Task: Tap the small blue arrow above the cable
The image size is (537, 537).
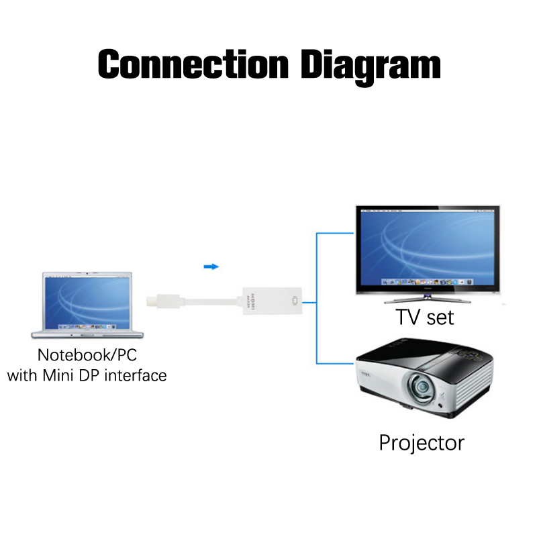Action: [211, 266]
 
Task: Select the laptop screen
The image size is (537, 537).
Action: [88, 302]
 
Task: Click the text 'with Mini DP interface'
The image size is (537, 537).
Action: [87, 375]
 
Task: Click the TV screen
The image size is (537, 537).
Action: [428, 246]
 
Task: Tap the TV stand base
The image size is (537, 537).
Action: [427, 299]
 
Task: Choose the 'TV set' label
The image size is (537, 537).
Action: [424, 316]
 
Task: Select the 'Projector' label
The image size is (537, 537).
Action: [421, 442]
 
